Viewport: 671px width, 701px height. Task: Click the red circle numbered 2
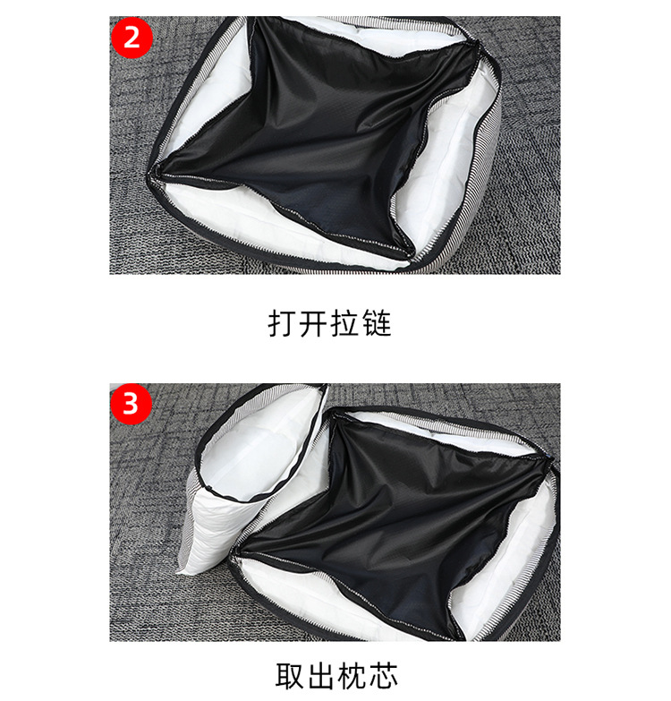click(132, 38)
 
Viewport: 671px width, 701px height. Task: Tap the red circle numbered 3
click(131, 404)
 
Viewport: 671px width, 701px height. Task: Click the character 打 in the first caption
click(283, 323)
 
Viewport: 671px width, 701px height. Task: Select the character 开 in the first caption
click(314, 323)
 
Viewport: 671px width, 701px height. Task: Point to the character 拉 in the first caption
click(344, 323)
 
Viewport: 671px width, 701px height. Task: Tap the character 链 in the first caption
click(377, 323)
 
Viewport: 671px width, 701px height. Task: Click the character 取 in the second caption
click(290, 676)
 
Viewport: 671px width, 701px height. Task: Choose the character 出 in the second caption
click(321, 676)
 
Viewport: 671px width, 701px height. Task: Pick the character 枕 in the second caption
click(352, 676)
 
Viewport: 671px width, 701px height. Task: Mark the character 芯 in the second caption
click(383, 676)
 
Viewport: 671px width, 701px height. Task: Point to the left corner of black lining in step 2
click(157, 171)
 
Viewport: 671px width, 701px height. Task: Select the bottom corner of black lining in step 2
click(409, 254)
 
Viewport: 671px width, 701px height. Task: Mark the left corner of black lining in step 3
click(235, 553)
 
